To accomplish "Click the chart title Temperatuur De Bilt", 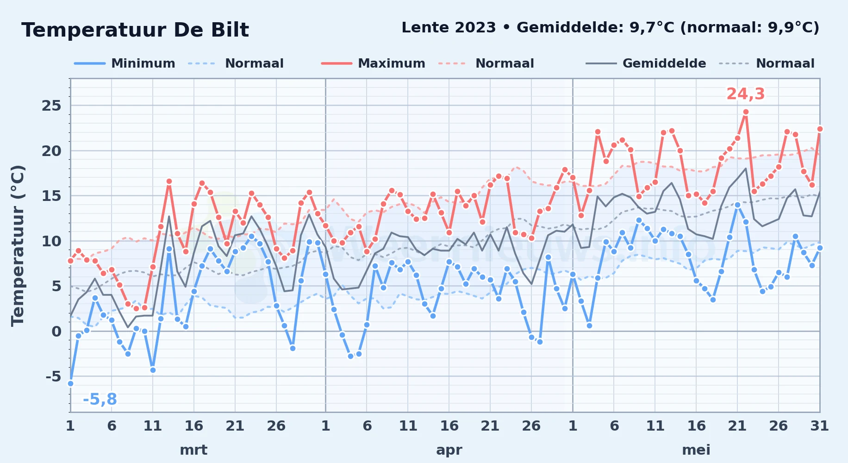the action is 135,30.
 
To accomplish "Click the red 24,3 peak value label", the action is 745,94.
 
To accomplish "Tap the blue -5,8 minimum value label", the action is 100,399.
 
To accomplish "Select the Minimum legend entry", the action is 125,63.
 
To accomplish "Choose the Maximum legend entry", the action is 373,63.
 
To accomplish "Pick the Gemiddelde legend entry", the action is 646,63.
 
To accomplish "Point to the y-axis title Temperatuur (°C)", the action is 18,245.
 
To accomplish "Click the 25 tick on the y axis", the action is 51,106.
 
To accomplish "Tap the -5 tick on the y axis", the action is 53,376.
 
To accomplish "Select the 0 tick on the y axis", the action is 56,331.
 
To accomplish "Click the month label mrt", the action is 193,450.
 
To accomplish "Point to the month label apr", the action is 449,450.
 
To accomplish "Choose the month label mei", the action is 696,450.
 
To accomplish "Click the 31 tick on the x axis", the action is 819,426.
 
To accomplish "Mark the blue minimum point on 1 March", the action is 70,383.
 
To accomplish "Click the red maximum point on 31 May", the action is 820,129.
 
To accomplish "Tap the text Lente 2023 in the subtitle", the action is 449,28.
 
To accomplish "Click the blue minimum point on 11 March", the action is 153,370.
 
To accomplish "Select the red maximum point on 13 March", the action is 169,181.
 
